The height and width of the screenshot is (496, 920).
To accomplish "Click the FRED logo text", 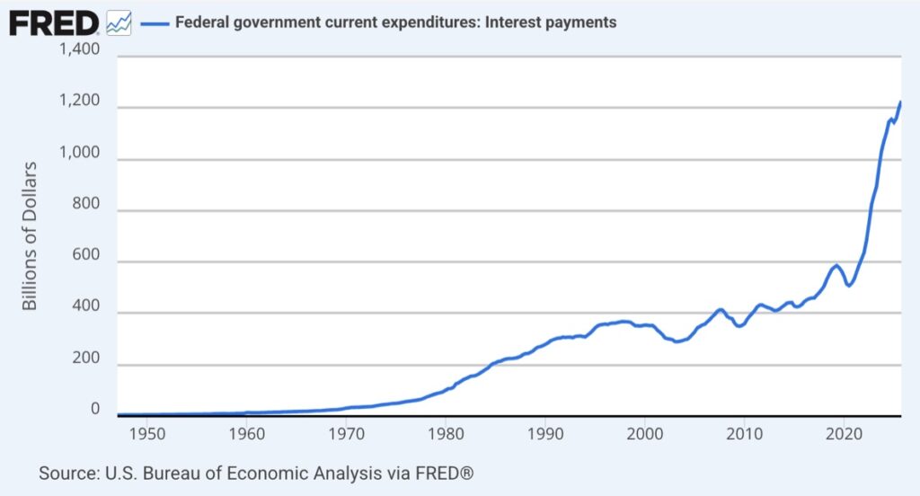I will tap(54, 22).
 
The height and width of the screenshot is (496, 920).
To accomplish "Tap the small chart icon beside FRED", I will tap(118, 22).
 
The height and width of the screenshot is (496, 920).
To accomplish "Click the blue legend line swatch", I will tap(154, 22).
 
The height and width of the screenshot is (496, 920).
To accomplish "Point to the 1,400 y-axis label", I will tap(79, 50).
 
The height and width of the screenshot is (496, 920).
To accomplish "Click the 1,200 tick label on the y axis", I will tap(79, 108).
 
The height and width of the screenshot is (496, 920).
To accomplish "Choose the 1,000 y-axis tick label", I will tap(79, 159).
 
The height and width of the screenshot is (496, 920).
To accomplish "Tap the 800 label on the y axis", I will tap(85, 211).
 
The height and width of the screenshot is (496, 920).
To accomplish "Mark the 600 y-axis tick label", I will tap(85, 262).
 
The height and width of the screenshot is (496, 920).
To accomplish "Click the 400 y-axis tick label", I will tap(85, 314).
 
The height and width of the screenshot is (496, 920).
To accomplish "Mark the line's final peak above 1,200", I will tap(900, 102).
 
